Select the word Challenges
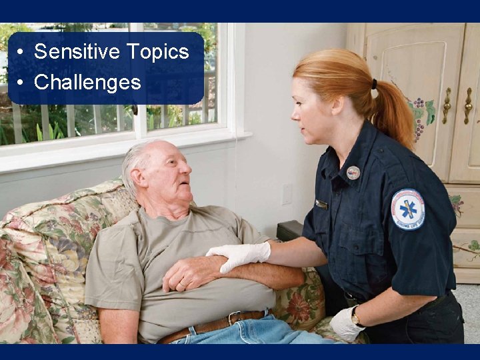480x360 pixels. coord(87,82)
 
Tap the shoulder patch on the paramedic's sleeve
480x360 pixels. coord(407,209)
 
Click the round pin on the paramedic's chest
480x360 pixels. coord(353,173)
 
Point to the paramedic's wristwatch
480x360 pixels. coord(357,317)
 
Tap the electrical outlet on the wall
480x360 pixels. coord(287,194)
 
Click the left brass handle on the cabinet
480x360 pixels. coord(447,105)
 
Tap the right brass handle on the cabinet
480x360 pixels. coord(468,105)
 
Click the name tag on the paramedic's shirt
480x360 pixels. coord(322,205)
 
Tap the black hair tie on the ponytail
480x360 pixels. coord(375,84)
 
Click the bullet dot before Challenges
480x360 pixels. coord(22,83)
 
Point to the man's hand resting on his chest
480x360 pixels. coord(187,272)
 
